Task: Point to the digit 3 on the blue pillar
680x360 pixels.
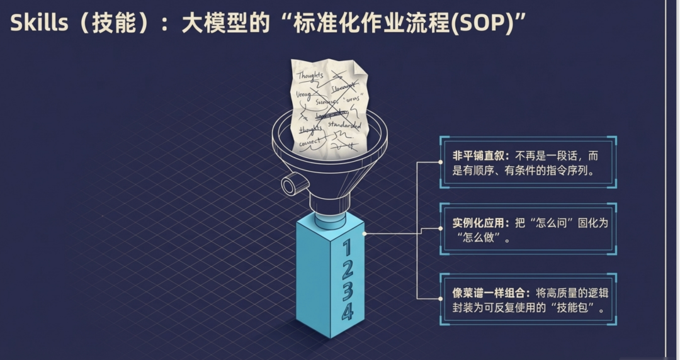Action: pos(347,290)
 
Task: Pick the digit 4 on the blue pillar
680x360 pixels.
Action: pos(347,312)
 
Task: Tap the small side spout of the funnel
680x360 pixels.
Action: pos(290,186)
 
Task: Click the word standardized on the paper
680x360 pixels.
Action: pos(344,126)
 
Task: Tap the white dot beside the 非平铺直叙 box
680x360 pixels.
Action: pos(440,162)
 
